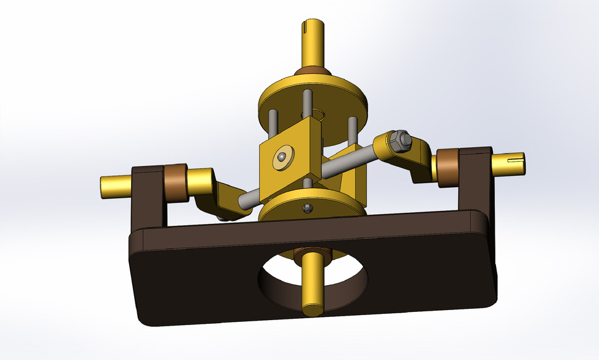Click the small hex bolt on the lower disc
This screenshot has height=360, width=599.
click(x=306, y=208)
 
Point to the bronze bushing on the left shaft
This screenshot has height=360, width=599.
click(x=176, y=182)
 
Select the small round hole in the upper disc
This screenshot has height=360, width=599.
click(x=318, y=114)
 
